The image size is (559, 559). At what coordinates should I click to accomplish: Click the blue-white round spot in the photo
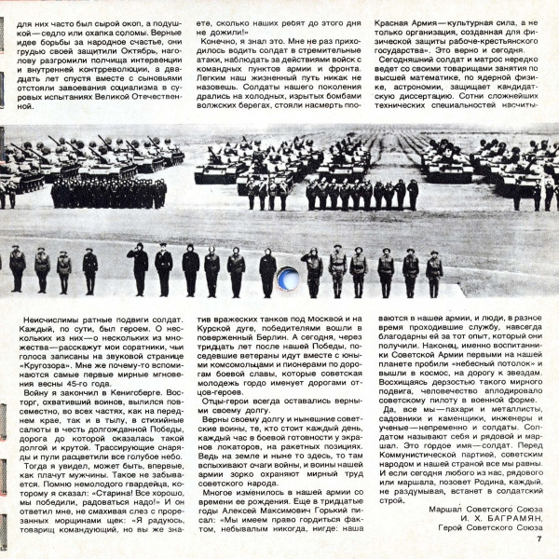tap(288, 278)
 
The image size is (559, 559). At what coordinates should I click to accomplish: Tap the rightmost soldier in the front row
tap(434, 270)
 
